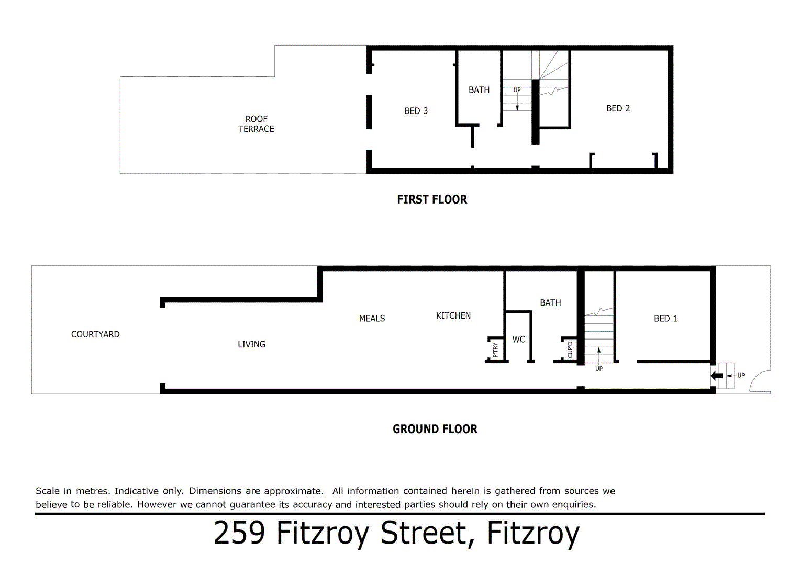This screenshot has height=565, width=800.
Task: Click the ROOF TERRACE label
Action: click(256, 124)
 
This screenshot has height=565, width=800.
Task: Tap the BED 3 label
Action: click(416, 111)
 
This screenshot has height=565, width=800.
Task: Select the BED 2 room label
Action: click(618, 108)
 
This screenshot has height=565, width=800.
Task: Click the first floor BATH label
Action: click(479, 90)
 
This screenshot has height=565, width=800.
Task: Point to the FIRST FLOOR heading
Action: click(432, 199)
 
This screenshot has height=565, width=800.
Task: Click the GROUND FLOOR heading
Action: click(435, 429)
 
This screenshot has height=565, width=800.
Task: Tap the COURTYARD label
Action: click(95, 334)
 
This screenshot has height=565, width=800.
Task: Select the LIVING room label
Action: click(251, 344)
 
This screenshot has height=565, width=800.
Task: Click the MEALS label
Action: click(372, 319)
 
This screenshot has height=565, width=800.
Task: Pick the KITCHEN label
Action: click(453, 316)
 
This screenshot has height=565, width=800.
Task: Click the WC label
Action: click(518, 340)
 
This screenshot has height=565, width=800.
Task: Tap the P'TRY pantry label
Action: click(495, 349)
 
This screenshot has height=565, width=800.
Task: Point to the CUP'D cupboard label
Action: click(570, 349)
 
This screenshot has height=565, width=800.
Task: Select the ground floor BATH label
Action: click(550, 303)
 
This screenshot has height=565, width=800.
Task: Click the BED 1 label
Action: click(665, 319)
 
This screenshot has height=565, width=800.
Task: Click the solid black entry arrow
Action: click(717, 376)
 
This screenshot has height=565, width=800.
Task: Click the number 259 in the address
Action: click(239, 533)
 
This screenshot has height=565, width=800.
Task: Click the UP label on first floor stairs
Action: click(517, 90)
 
